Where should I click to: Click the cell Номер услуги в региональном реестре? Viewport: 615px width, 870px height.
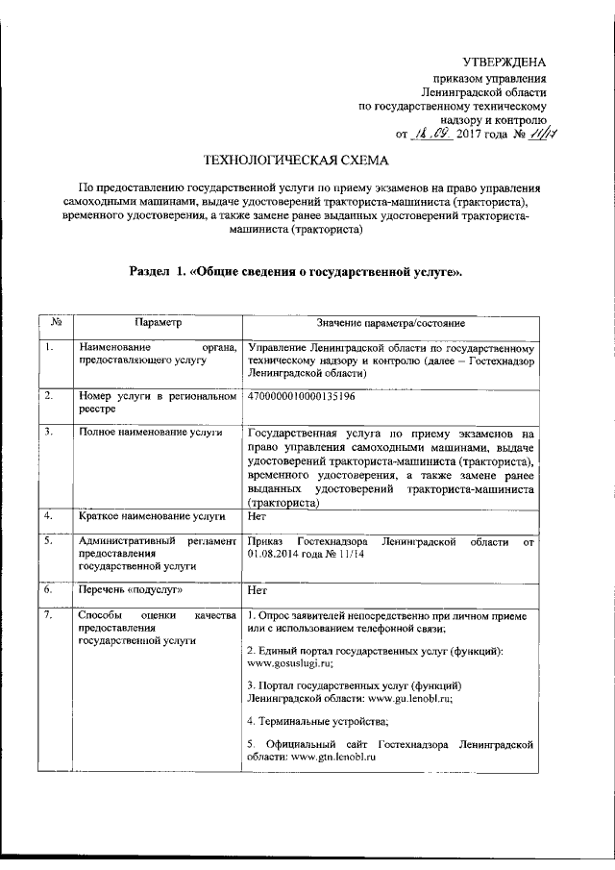(x=158, y=402)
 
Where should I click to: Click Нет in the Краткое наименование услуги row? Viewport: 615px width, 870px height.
(x=256, y=516)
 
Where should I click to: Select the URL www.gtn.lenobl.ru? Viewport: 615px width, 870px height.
(x=332, y=758)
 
